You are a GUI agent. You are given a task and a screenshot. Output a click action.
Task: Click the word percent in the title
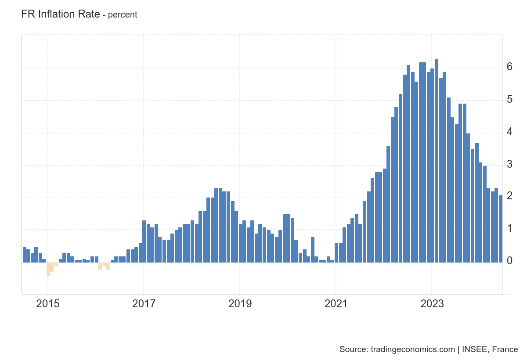click(123, 14)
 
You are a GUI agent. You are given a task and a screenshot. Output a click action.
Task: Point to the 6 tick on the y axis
click(509, 67)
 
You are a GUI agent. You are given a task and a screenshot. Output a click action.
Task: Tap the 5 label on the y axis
click(509, 99)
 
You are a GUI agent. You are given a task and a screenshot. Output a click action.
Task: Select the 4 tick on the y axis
click(509, 132)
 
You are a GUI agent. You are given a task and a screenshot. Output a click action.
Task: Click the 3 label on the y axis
click(509, 164)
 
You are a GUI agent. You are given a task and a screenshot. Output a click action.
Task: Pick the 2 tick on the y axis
click(509, 196)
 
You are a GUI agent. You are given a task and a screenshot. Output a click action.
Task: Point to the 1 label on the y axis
click(509, 229)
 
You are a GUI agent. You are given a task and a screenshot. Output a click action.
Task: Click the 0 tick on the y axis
click(509, 261)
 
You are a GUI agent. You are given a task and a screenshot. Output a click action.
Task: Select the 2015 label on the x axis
click(47, 304)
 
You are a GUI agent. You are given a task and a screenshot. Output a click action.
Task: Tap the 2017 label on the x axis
click(144, 304)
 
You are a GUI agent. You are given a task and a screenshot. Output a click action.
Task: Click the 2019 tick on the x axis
click(240, 304)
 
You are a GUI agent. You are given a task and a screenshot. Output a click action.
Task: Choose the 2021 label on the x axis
click(336, 304)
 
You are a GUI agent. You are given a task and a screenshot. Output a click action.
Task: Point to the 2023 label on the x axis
click(432, 304)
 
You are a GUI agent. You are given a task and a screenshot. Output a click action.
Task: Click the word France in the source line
click(505, 349)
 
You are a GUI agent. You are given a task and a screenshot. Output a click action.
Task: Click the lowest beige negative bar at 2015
click(48, 269)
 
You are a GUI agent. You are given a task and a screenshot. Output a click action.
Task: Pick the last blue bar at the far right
click(501, 229)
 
